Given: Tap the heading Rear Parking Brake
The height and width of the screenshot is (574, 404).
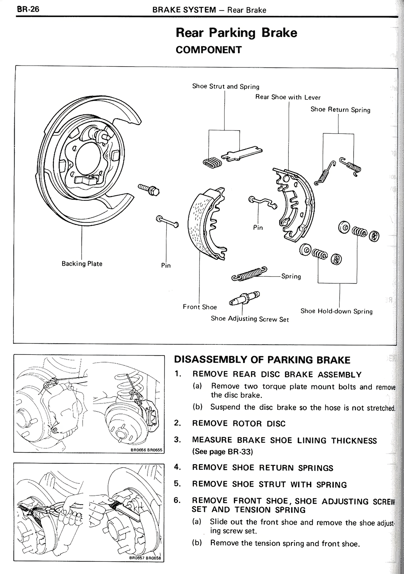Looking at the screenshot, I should (x=236, y=33).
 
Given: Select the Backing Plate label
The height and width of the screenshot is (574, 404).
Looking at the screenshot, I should (x=82, y=264).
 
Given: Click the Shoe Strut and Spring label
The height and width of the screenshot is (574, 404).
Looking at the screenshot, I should (x=226, y=87).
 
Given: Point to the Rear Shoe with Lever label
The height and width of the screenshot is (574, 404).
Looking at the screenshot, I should (x=288, y=97).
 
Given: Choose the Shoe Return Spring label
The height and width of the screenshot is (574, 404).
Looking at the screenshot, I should (x=340, y=110).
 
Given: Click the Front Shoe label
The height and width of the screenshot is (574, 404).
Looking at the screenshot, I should (x=200, y=307).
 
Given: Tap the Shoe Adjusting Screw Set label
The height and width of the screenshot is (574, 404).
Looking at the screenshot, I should (x=250, y=319).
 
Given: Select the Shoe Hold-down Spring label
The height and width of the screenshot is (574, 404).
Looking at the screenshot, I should (x=336, y=311).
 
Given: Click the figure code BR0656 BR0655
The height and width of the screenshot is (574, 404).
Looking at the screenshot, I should (x=146, y=450).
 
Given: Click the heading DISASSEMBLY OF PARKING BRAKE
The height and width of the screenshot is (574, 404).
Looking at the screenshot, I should (x=262, y=360).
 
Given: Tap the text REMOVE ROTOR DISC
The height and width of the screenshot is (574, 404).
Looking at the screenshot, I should (x=239, y=424).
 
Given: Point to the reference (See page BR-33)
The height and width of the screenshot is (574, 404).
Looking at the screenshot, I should (x=223, y=451).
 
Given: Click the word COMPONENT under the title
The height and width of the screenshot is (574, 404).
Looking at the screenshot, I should (x=209, y=50).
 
